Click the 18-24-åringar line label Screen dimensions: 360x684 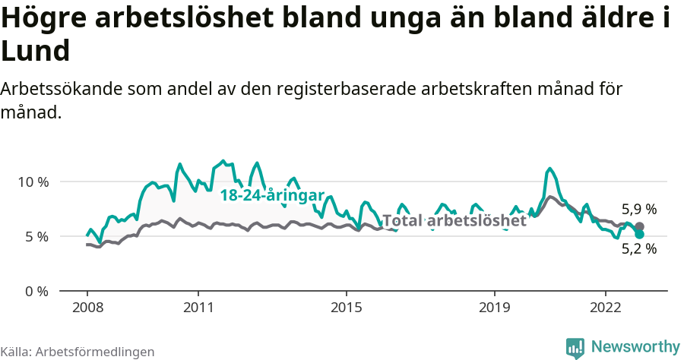tap(272, 195)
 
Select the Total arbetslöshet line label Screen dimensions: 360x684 tap(454, 221)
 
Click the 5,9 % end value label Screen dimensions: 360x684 tap(638, 209)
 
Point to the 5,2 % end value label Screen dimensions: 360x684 tap(638, 248)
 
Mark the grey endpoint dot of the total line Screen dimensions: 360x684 tap(639, 226)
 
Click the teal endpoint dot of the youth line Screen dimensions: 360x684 tap(639, 235)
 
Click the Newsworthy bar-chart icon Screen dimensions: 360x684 tap(575, 348)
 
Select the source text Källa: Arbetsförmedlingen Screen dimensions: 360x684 tap(78, 352)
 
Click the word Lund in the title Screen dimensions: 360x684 tap(36, 52)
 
